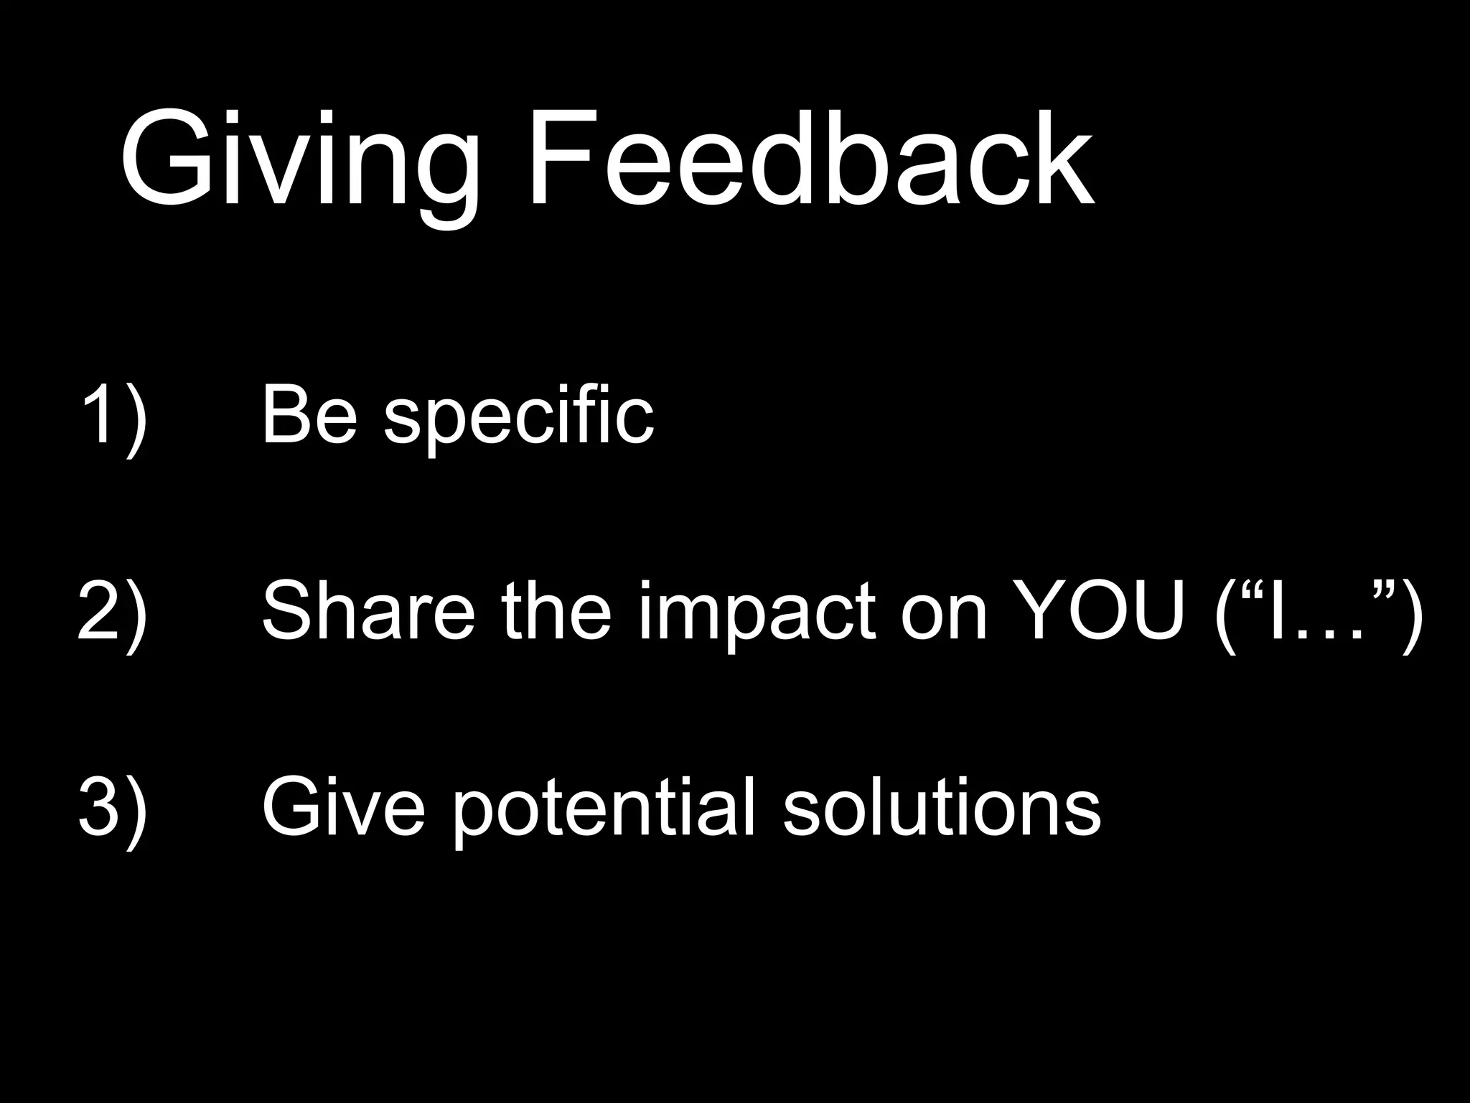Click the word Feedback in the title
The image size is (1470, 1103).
click(x=811, y=159)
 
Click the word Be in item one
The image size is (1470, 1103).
click(x=309, y=416)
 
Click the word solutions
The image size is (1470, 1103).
click(x=942, y=807)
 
